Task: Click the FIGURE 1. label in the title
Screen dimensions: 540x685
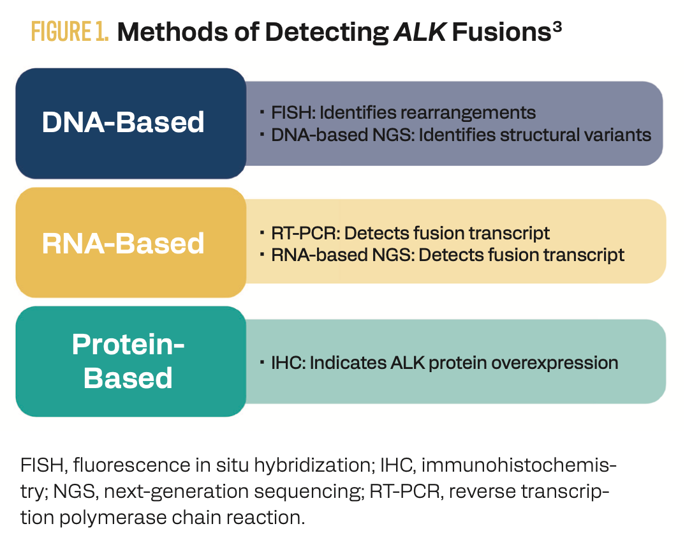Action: click(x=70, y=32)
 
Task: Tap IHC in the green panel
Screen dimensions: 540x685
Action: click(x=283, y=363)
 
